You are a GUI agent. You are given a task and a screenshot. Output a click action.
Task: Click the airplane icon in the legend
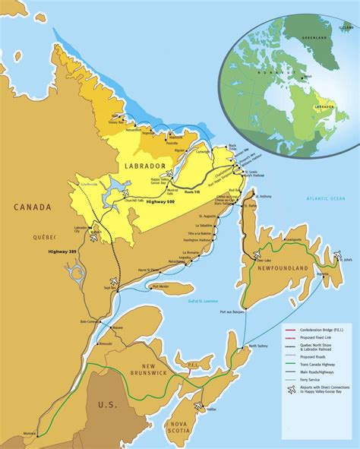tap(290, 390)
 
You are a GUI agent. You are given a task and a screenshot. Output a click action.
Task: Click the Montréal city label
tap(30, 434)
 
